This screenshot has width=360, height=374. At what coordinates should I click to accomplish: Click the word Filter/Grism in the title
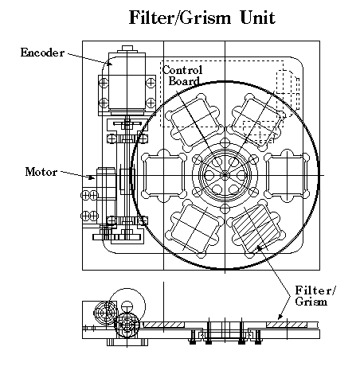tap(180, 18)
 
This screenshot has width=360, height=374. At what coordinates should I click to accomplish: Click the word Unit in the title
tap(257, 18)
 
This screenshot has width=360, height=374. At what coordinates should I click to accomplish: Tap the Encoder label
tap(42, 53)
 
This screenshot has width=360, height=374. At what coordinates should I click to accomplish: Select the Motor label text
tap(41, 172)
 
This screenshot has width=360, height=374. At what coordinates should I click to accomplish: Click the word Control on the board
tap(182, 70)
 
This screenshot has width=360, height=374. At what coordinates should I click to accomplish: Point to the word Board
tap(184, 81)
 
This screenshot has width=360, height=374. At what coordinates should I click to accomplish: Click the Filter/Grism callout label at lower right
tap(315, 296)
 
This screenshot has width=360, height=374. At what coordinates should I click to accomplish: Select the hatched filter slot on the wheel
tap(256, 229)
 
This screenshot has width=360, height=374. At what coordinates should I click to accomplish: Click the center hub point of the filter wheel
tap(225, 175)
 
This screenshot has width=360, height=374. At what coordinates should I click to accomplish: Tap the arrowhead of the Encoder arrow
tap(109, 63)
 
